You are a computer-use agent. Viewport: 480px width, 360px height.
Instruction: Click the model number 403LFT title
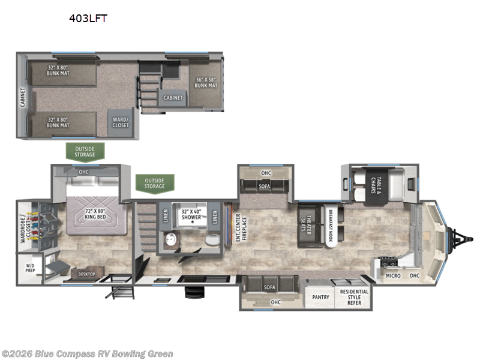point(89,18)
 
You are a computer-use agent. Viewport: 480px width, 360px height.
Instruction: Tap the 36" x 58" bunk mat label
point(206,83)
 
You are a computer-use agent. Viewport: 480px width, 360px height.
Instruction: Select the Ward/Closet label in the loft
point(120,122)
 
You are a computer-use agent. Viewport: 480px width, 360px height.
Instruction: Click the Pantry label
point(320,297)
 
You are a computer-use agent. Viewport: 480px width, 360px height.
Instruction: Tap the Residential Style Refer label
point(354,297)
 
